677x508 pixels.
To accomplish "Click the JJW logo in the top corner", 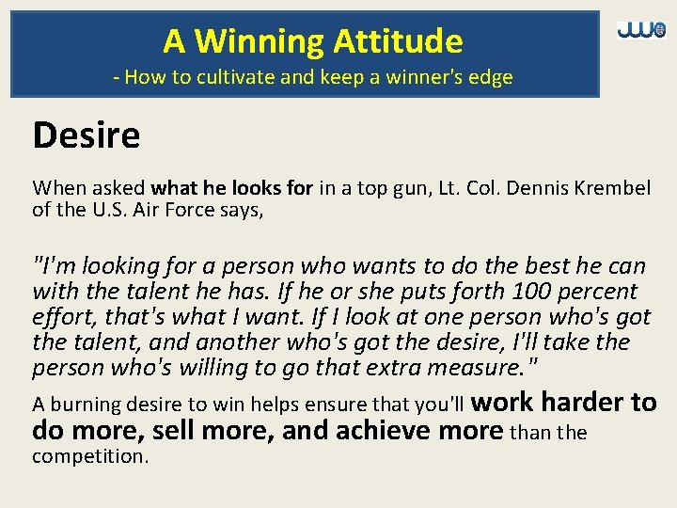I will coord(640,30).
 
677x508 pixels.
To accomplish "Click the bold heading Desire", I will coord(86,135).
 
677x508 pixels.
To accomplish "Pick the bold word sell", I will coord(179,431).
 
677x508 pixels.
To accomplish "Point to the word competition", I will coord(89,456).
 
